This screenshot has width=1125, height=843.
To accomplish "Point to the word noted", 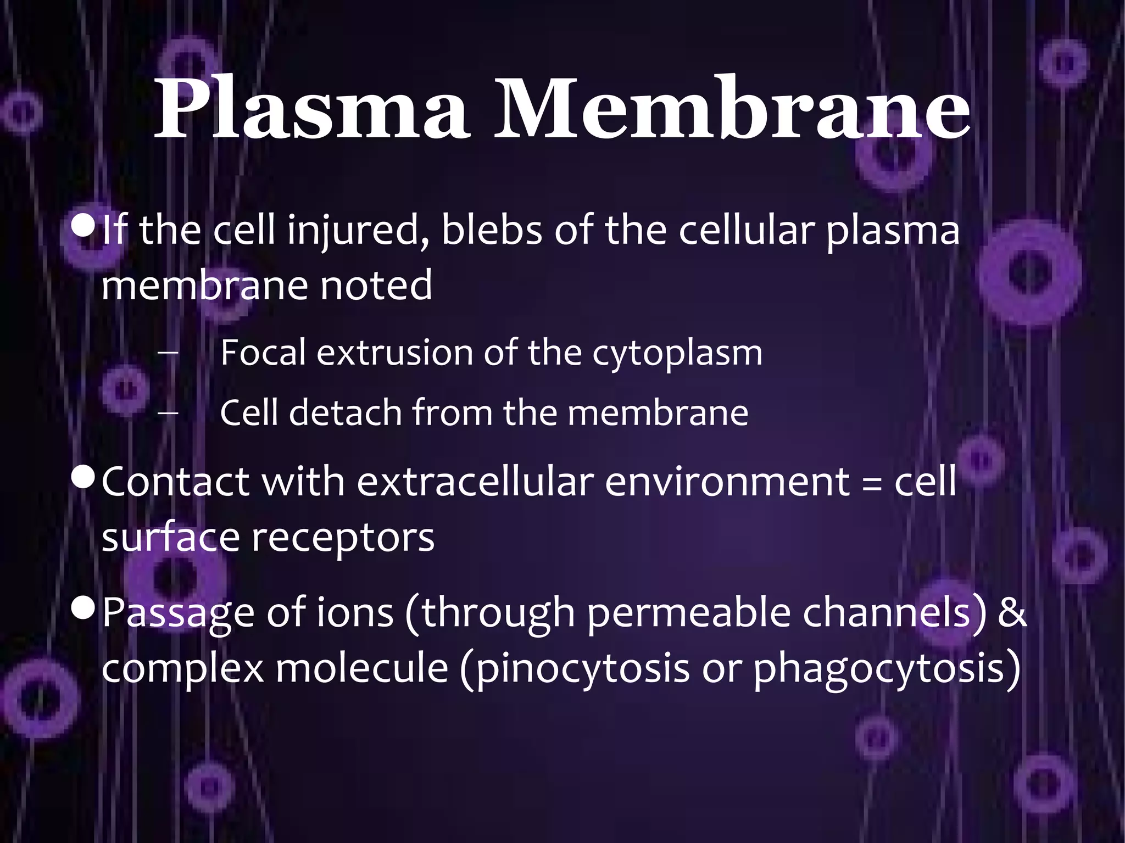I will [376, 286].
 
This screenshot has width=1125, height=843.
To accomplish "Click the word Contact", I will [176, 482].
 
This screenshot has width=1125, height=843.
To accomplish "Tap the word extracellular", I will [476, 482].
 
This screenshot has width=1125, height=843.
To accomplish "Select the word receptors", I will [343, 538].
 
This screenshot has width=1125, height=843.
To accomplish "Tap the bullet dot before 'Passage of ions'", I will [83, 608].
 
